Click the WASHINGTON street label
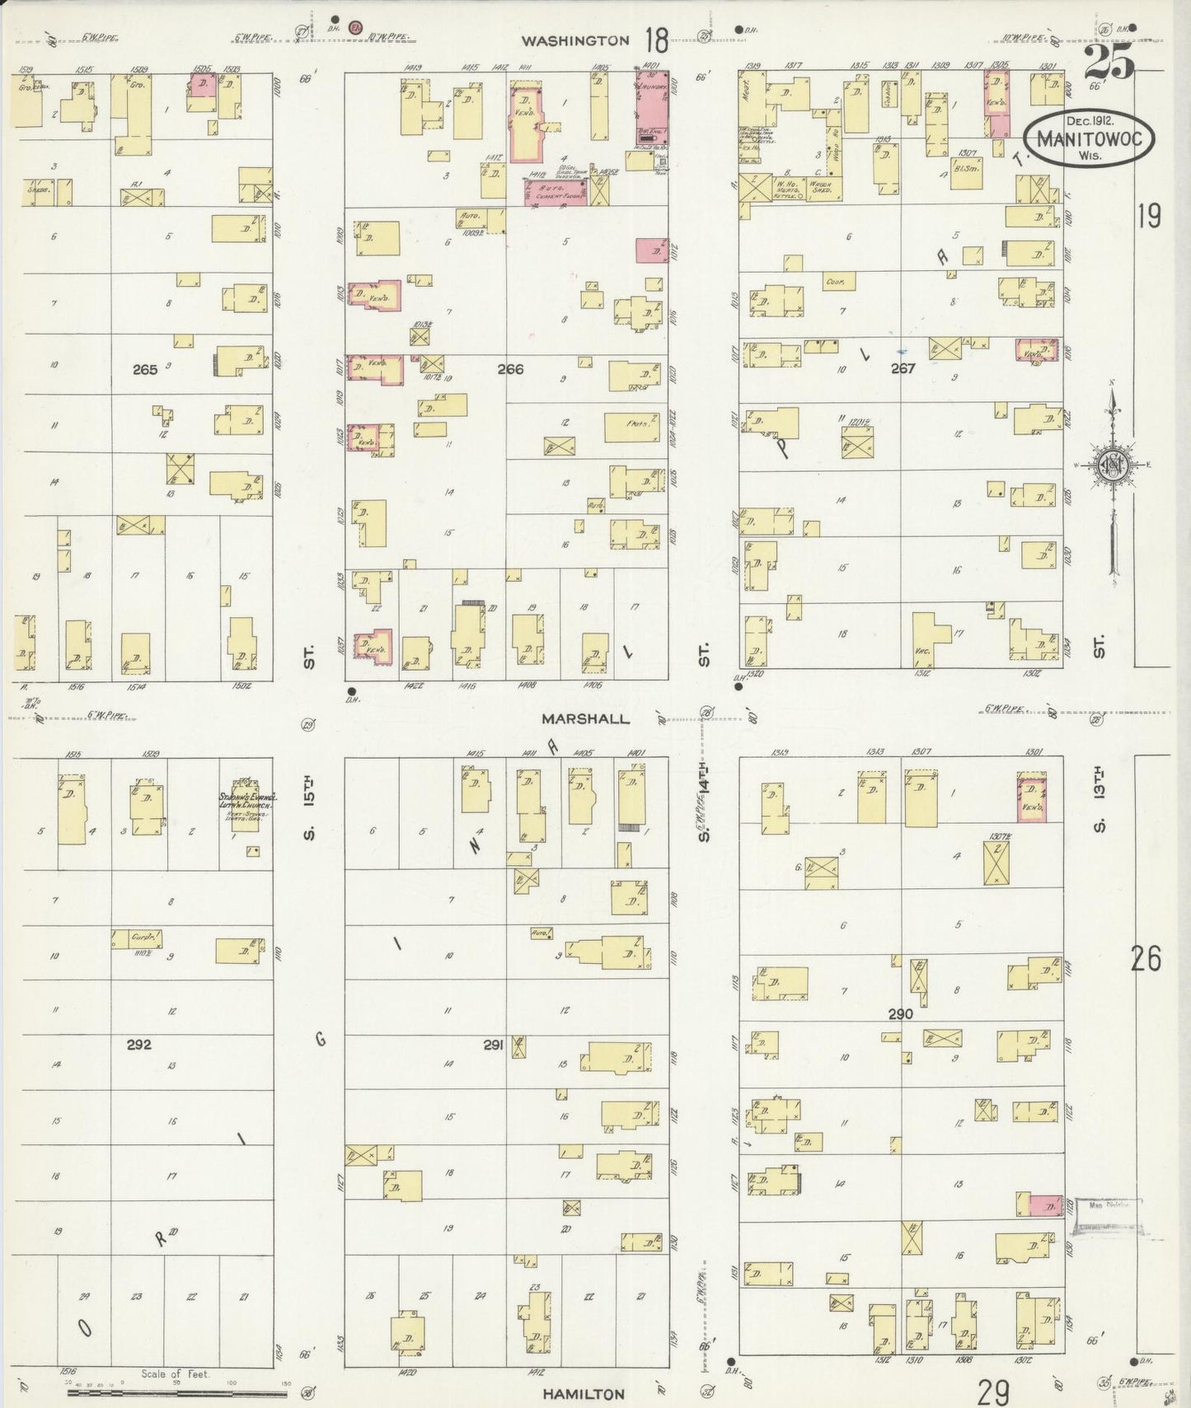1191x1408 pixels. point(574,40)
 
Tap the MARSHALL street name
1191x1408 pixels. point(585,718)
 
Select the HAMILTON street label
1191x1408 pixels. point(584,1394)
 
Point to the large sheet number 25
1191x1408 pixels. point(1109,62)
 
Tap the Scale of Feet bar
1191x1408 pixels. point(177,1392)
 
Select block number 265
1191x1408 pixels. point(145,370)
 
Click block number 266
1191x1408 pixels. point(510,369)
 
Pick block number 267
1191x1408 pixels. point(903,368)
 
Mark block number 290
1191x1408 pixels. point(900,1014)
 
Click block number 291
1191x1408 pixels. point(493,1045)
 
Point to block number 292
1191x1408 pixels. point(139,1045)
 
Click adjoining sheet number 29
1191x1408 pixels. point(993,1393)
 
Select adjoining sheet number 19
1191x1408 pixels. point(1149,216)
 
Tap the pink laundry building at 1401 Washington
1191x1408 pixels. point(652,107)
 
